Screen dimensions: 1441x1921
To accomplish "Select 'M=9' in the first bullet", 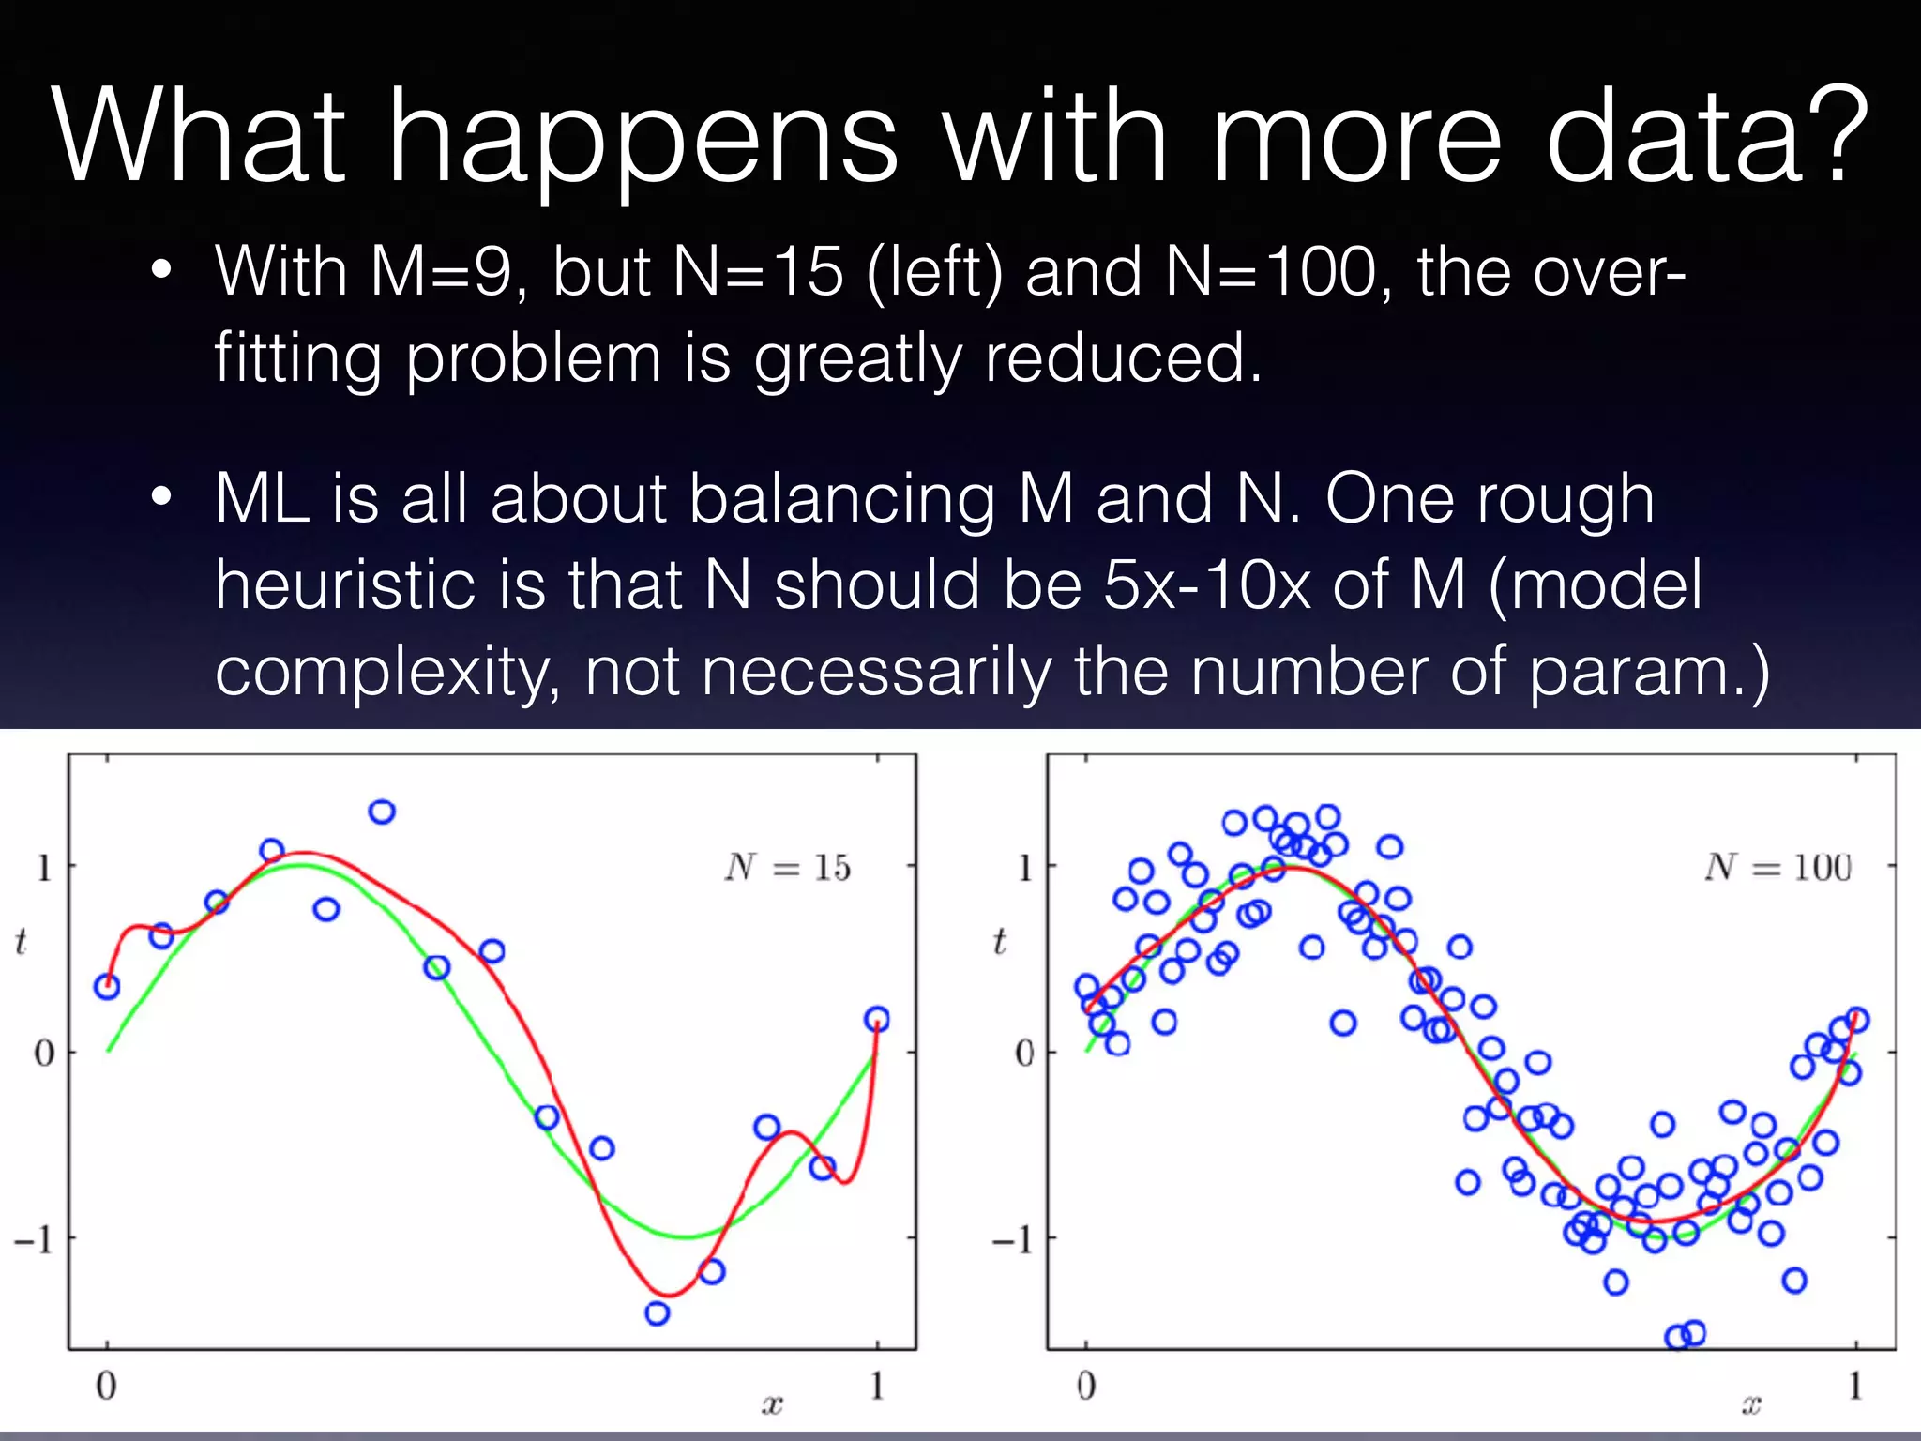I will tap(441, 272).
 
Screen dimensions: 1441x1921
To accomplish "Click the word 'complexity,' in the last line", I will tap(387, 672).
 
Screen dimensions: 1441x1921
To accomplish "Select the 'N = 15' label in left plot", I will tap(788, 868).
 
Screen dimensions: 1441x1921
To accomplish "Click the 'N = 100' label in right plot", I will tap(1778, 868).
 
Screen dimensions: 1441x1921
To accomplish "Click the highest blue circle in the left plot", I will tap(382, 812).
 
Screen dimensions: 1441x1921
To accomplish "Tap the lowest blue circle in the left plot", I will tap(658, 1312).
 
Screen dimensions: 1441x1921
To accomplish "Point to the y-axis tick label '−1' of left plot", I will tap(34, 1240).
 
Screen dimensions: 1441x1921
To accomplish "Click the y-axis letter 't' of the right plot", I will tap(1000, 941).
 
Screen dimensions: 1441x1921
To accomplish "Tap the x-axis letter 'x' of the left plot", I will tap(772, 1404).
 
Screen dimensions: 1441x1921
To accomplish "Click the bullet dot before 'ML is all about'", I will tap(161, 498).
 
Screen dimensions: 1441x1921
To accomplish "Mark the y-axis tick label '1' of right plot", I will tap(1024, 868).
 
